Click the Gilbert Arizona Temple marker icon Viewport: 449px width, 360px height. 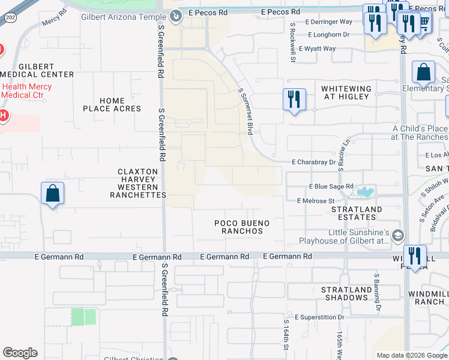click(175, 16)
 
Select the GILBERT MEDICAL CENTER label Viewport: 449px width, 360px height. click(37, 70)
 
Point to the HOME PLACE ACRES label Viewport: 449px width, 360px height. click(112, 105)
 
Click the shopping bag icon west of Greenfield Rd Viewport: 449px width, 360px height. click(52, 194)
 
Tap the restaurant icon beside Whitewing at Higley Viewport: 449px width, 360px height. click(294, 99)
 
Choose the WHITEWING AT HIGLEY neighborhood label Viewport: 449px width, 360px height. click(347, 92)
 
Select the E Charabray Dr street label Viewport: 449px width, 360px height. click(313, 162)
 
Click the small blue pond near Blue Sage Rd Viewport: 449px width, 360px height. click(364, 193)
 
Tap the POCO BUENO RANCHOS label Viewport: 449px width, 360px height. click(242, 227)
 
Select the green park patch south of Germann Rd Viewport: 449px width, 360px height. click(83, 317)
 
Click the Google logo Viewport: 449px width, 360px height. click(20, 353)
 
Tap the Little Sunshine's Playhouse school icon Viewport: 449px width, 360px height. click(397, 237)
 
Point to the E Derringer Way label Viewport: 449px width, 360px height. click(328, 22)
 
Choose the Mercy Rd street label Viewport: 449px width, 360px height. click(54, 22)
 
